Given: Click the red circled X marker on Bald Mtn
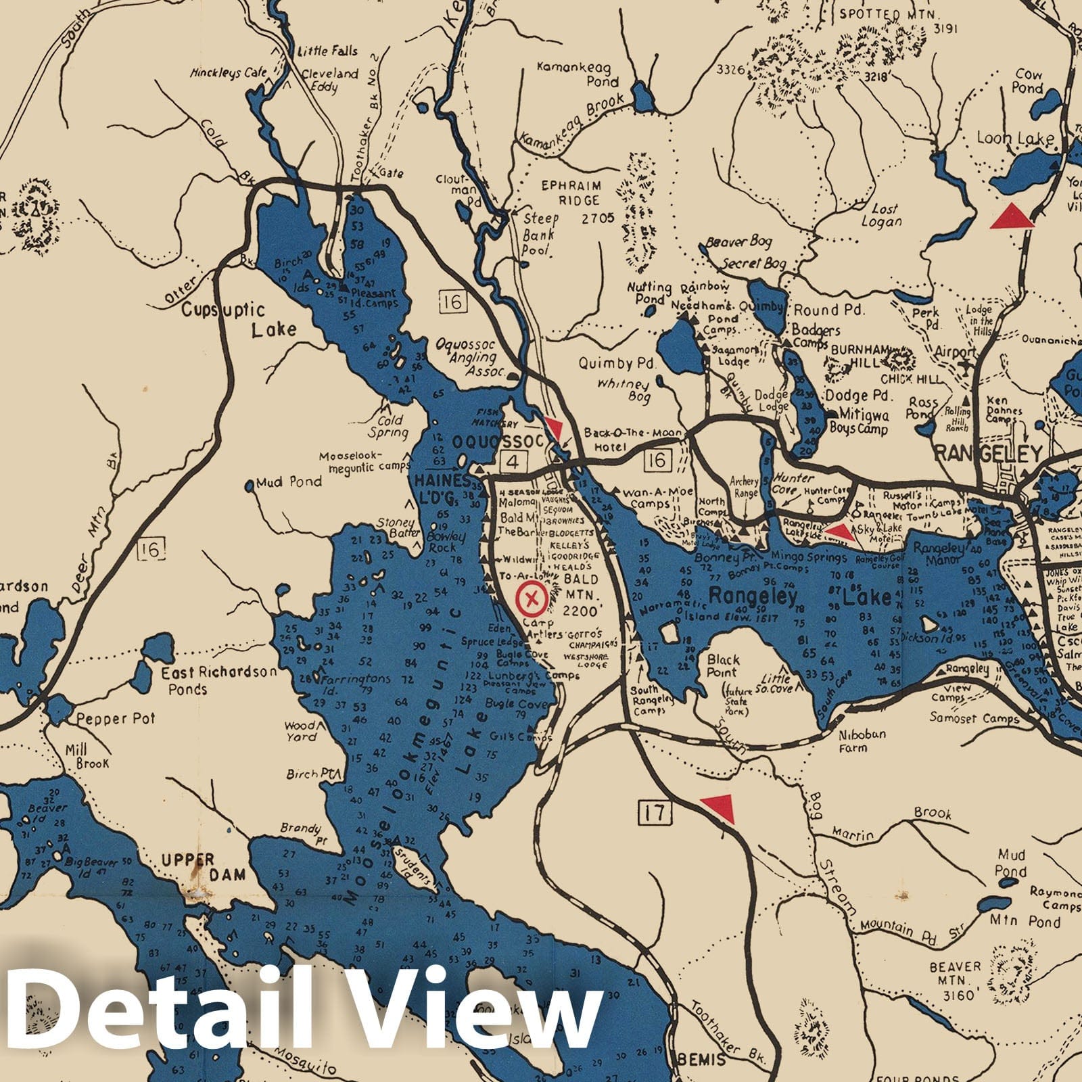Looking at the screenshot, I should (532, 598).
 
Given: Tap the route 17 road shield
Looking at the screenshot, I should (654, 811).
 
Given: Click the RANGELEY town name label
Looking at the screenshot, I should (988, 453).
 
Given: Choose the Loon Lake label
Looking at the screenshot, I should (1014, 139).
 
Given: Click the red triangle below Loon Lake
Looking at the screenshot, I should (1012, 216).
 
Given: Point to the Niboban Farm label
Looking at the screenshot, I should (862, 741).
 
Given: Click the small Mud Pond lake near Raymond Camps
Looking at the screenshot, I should (1007, 883).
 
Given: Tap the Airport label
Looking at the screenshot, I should (955, 352).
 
